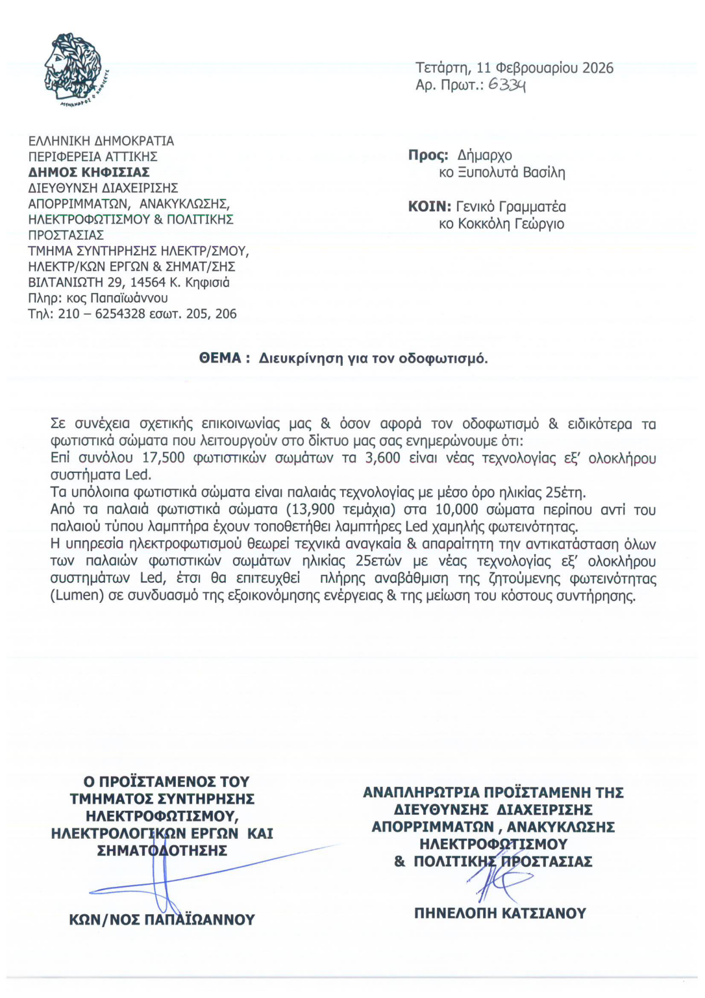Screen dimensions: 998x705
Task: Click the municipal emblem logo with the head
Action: coord(73,69)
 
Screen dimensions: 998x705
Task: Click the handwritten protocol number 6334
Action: coord(507,84)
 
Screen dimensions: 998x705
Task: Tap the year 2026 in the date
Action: coord(597,68)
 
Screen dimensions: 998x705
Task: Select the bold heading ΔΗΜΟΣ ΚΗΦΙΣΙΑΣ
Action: coord(89,172)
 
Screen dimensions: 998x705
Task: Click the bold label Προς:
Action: coord(428,155)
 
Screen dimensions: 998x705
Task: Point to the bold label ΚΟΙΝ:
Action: coord(429,207)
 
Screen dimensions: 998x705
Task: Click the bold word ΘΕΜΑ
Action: coord(220,358)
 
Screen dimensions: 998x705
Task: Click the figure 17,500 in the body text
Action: coord(164,458)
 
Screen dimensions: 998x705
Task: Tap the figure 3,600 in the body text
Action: coord(383,458)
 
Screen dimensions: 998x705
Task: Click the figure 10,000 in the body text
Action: coord(457,509)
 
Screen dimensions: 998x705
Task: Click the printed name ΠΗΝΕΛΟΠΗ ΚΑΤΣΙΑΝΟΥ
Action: coord(500,913)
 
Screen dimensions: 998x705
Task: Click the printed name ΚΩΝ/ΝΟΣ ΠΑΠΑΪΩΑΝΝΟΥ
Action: coord(162,919)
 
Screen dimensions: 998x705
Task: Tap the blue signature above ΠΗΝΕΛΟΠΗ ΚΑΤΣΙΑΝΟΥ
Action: coord(497,880)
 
